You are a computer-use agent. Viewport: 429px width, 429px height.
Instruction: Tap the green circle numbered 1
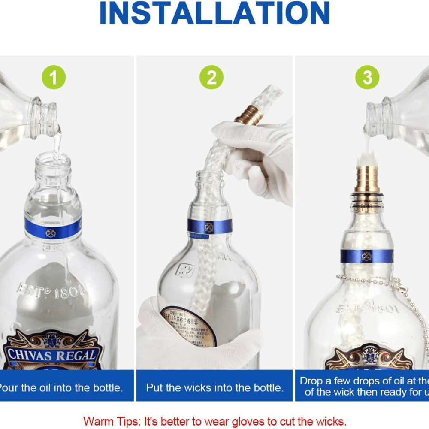coord(53,78)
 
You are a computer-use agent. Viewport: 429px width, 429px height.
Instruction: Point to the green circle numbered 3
coord(367,78)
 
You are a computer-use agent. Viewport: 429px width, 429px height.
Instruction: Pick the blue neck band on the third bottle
coord(366,256)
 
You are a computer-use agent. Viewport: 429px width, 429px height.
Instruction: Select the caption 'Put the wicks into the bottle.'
coord(214,388)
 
